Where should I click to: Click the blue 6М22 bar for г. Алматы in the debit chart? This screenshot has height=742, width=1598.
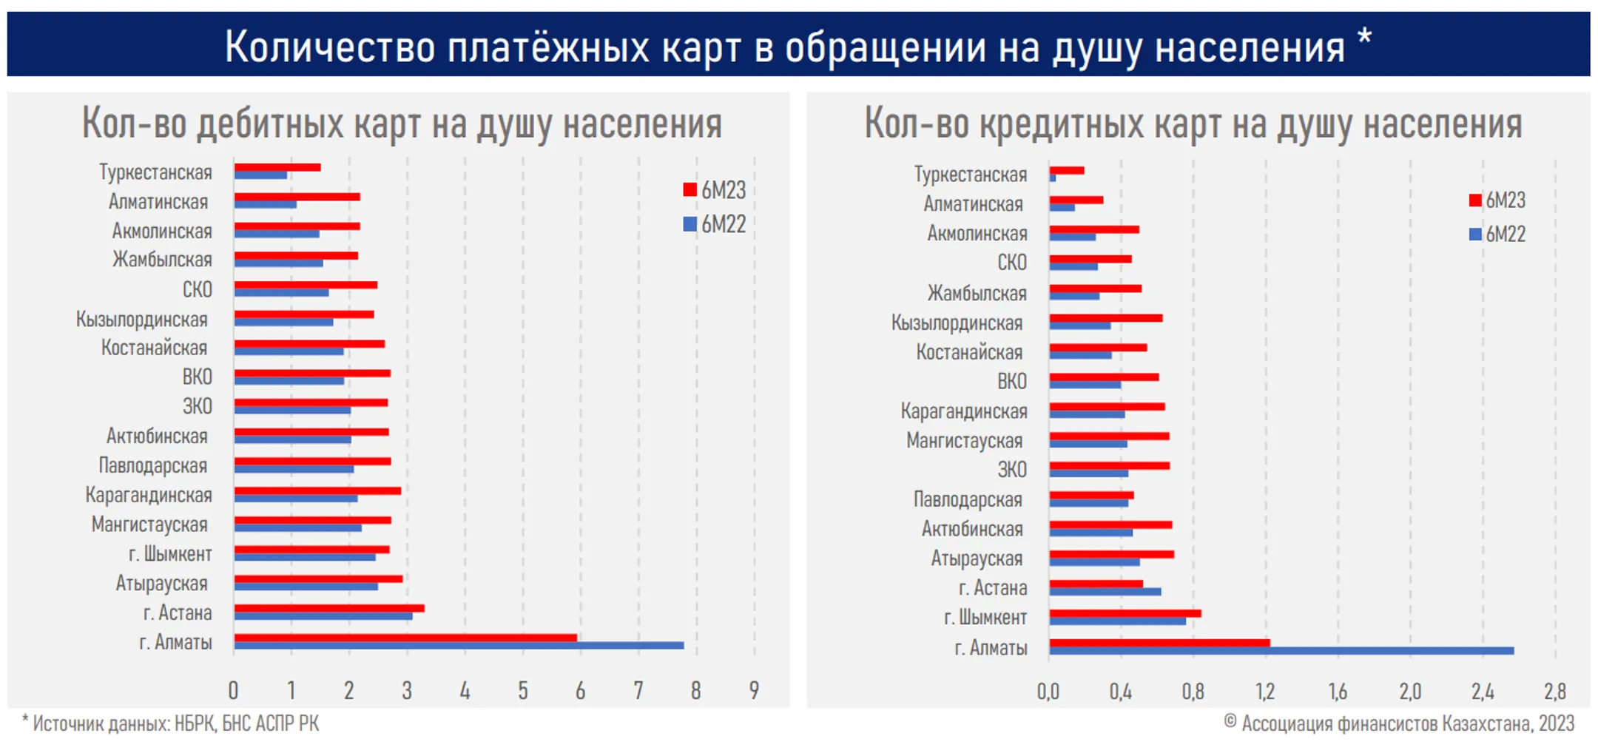click(459, 646)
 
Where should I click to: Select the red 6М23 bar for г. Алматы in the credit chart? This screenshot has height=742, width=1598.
click(1159, 643)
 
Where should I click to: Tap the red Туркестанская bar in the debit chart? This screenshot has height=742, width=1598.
click(277, 167)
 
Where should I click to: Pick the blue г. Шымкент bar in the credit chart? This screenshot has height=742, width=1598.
click(1117, 621)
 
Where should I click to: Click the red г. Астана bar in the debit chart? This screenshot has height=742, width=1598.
click(329, 608)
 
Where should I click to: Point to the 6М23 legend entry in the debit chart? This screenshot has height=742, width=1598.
click(715, 190)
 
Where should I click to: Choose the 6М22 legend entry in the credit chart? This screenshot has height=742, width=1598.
click(1497, 235)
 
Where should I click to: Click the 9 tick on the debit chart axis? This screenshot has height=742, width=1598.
click(754, 690)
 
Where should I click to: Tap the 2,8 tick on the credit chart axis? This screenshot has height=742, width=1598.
click(1554, 692)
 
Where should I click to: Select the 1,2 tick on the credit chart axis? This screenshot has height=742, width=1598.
click(1265, 692)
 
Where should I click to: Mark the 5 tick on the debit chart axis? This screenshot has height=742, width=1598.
click(522, 690)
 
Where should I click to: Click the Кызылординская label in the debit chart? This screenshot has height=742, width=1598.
click(142, 320)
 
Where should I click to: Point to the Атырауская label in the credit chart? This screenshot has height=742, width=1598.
click(976, 559)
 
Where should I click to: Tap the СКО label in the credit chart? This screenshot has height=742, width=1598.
click(1011, 263)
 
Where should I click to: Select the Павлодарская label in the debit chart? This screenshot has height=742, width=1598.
click(152, 466)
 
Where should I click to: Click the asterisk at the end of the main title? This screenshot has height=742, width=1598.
click(1365, 37)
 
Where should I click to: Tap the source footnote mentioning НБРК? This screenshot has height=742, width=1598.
click(172, 724)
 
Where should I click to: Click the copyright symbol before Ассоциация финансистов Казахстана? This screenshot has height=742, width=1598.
click(1230, 721)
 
